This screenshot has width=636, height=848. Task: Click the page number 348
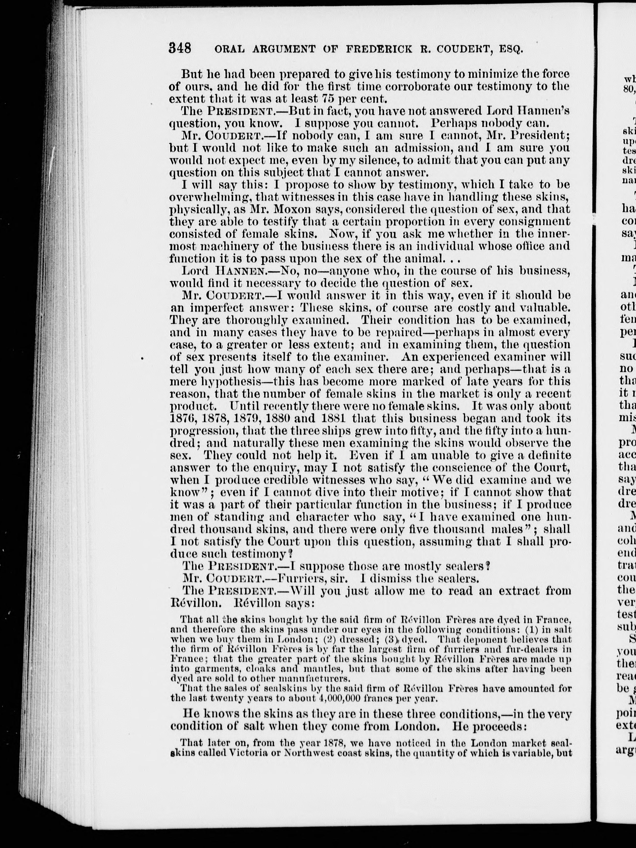[x=180, y=49]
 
